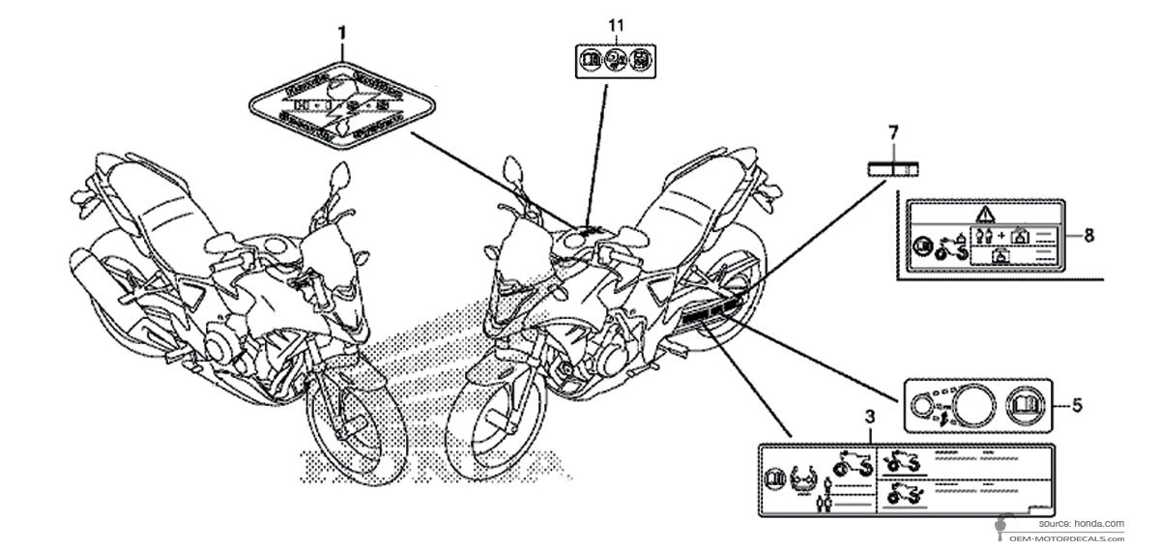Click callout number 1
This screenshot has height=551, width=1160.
[341, 33]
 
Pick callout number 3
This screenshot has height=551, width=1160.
[869, 417]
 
